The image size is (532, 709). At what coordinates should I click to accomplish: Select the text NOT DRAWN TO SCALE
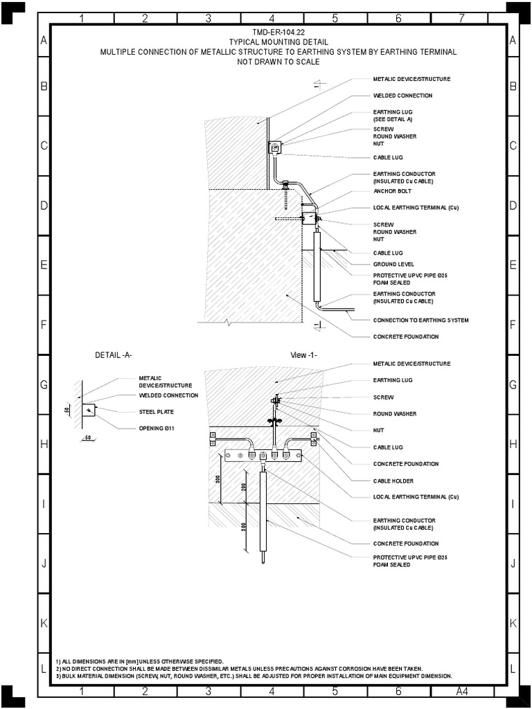[278, 62]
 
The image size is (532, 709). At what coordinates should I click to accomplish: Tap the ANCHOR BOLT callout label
[393, 191]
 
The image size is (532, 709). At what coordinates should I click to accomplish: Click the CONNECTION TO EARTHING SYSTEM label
[420, 320]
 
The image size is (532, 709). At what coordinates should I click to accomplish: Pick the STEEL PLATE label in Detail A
[156, 412]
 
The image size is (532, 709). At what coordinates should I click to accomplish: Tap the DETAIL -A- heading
[114, 355]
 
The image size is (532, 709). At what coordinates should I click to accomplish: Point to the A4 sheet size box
[462, 691]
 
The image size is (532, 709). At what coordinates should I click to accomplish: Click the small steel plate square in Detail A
[89, 411]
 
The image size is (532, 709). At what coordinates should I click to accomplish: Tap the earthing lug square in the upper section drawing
[274, 147]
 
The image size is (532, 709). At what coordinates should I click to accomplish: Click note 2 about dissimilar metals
[239, 668]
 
